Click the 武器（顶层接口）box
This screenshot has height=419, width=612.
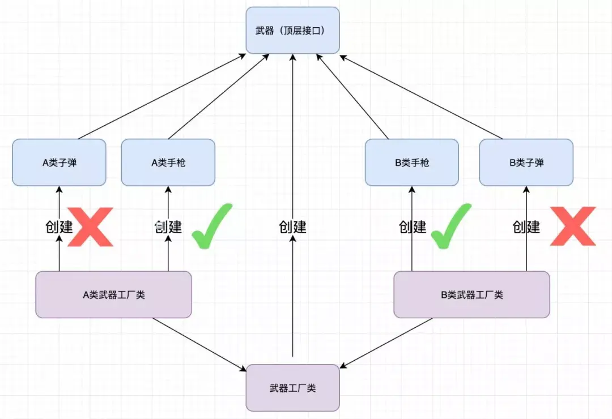tap(292, 30)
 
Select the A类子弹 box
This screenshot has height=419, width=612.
tap(59, 163)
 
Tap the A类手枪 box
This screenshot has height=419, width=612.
tap(168, 163)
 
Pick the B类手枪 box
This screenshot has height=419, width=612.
tap(412, 163)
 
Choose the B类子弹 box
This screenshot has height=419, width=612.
tap(526, 163)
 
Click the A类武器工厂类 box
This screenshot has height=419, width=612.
tap(113, 294)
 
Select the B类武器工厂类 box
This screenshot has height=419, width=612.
tap(471, 294)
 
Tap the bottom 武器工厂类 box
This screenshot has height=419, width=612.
tap(292, 388)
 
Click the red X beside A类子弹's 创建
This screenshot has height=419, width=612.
tap(91, 226)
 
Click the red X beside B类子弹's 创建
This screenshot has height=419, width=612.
tap(573, 226)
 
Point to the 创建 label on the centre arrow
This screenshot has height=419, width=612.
tap(292, 227)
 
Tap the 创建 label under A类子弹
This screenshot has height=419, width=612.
tap(59, 227)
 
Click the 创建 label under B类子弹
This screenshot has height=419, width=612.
tap(526, 227)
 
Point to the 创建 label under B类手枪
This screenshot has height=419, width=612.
tap(413, 227)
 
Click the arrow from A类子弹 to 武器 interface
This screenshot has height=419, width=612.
tap(161, 96)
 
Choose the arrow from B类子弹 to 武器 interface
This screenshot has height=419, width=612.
tap(422, 96)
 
